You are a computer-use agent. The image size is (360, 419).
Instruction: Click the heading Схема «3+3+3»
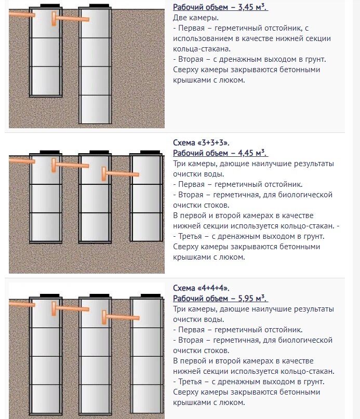(201, 143)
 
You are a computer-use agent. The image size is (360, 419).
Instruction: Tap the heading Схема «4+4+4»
(201, 288)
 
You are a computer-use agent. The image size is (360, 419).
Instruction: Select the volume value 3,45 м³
(253, 7)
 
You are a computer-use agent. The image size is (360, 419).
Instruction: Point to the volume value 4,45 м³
(253, 153)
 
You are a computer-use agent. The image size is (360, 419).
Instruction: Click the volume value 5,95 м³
(253, 298)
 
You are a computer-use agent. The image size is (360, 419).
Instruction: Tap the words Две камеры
(196, 18)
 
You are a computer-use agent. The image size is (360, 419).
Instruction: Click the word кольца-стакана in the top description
(202, 49)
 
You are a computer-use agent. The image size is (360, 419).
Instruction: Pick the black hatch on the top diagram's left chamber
(50, 6)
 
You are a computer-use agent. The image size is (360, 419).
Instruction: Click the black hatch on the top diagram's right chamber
(99, 6)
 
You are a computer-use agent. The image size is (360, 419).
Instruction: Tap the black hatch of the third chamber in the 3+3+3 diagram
(150, 152)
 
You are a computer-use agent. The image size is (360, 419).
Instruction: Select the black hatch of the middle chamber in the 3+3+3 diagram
(99, 152)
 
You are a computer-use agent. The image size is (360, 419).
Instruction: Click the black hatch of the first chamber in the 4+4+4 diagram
(50, 295)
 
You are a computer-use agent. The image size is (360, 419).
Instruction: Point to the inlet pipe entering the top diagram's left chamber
(22, 14)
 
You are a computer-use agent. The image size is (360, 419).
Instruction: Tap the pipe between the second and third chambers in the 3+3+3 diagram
(121, 174)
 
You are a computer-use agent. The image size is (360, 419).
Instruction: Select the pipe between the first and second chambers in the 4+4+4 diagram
(70, 308)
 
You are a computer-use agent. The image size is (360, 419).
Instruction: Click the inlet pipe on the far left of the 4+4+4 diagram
(22, 304)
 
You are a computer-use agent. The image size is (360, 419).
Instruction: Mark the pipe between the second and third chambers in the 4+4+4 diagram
(121, 317)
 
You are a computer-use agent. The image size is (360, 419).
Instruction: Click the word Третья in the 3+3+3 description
(190, 236)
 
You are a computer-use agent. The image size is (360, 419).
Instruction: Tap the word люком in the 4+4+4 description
(232, 402)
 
